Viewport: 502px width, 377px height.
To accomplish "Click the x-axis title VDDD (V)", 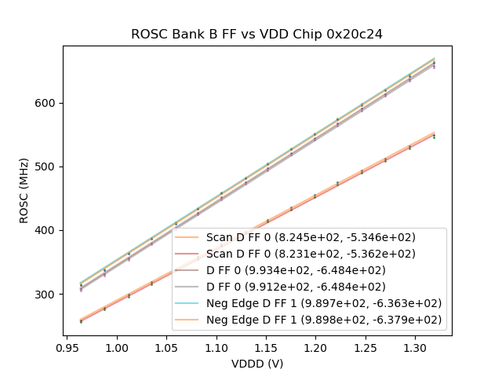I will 256,364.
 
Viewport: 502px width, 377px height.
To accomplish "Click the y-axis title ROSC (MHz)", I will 24,191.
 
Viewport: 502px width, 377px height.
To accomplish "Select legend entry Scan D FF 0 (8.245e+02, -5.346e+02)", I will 311,237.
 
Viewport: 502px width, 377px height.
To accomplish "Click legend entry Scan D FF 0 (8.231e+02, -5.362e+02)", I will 311,254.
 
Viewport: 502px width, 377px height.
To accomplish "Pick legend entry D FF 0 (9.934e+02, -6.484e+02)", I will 311,270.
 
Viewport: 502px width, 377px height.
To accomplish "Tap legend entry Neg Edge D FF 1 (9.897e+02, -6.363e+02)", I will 324,303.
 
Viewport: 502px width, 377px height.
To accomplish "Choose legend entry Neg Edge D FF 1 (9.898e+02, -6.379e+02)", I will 324,320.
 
